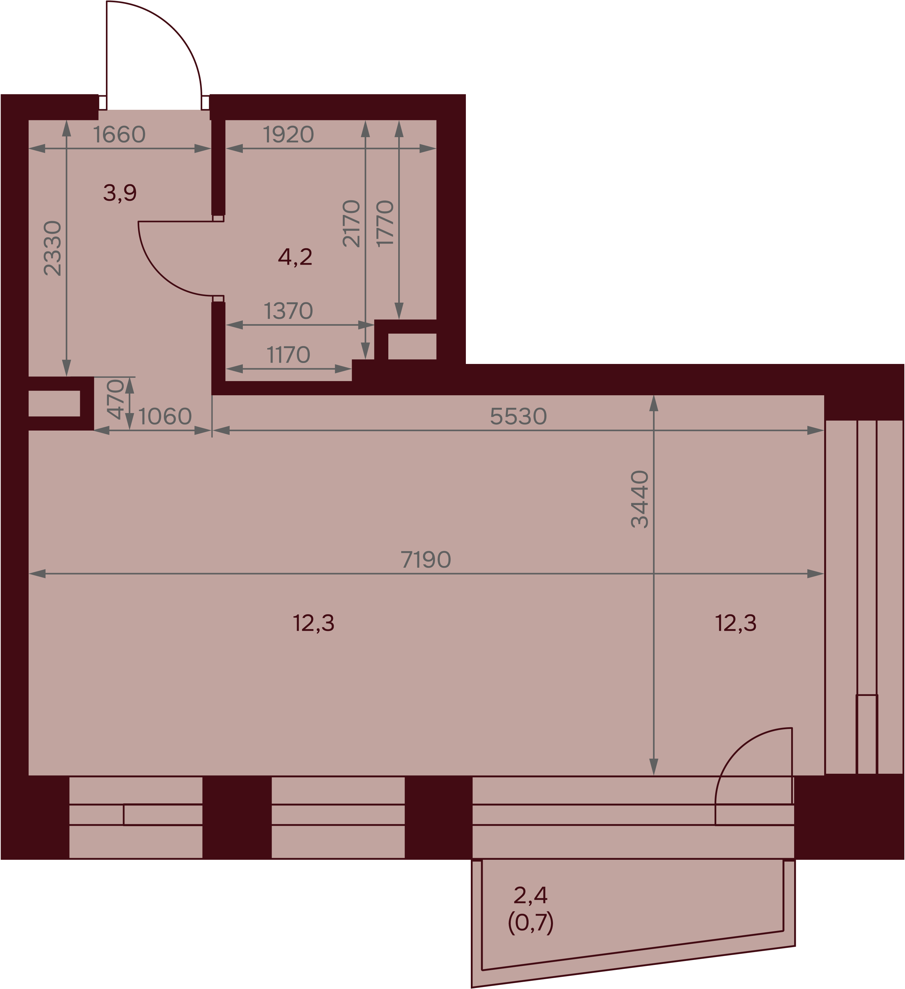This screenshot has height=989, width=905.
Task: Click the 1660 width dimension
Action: click(x=119, y=135)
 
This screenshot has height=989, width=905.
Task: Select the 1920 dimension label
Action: click(x=288, y=135)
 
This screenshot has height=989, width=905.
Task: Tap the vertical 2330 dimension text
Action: click(x=52, y=248)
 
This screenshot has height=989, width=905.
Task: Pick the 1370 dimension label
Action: click(x=288, y=311)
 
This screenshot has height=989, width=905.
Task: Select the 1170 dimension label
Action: click(x=288, y=355)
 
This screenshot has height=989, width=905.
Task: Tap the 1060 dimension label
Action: click(x=165, y=416)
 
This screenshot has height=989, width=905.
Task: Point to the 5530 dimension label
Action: click(x=518, y=416)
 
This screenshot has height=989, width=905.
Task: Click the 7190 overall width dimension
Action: click(x=426, y=560)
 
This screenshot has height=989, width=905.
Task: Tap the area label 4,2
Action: click(x=295, y=256)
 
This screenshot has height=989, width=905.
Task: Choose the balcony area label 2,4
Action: click(x=531, y=895)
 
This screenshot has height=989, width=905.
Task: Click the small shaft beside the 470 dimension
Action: click(x=54, y=403)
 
